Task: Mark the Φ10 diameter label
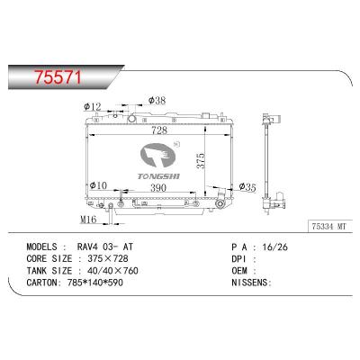click(100, 185)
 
